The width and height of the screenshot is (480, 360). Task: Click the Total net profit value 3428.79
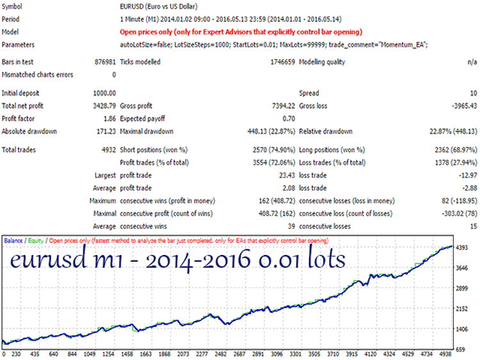pyautogui.click(x=104, y=106)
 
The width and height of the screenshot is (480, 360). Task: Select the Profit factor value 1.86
pyautogui.click(x=109, y=119)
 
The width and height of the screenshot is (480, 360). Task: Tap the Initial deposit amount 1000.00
pyautogui.click(x=104, y=93)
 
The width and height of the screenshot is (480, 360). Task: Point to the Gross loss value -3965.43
pyautogui.click(x=465, y=106)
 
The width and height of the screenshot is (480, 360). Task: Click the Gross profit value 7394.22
pyautogui.click(x=284, y=106)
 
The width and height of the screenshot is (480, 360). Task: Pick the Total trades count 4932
pyautogui.click(x=109, y=150)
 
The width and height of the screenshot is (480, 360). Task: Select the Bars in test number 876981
pyautogui.click(x=106, y=62)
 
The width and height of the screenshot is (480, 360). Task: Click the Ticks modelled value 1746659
pyautogui.click(x=282, y=62)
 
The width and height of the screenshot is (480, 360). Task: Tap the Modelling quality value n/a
pyautogui.click(x=472, y=62)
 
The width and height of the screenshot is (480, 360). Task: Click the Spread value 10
pyautogui.click(x=474, y=93)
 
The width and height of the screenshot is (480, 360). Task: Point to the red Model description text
pyautogui.click(x=241, y=32)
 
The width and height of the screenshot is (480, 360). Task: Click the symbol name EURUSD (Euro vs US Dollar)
pyautogui.click(x=159, y=6)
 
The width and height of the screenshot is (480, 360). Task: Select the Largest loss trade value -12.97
pyautogui.click(x=468, y=176)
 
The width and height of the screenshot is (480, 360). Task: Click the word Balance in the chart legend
pyautogui.click(x=13, y=240)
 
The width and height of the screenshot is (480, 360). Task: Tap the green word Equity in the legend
pyautogui.click(x=36, y=240)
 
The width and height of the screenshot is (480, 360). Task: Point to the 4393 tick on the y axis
pyautogui.click(x=461, y=247)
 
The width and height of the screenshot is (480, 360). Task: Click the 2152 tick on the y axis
pyautogui.click(x=461, y=309)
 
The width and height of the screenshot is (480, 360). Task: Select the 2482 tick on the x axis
pyautogui.click(x=220, y=354)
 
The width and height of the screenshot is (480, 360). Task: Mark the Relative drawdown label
pyautogui.click(x=326, y=132)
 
